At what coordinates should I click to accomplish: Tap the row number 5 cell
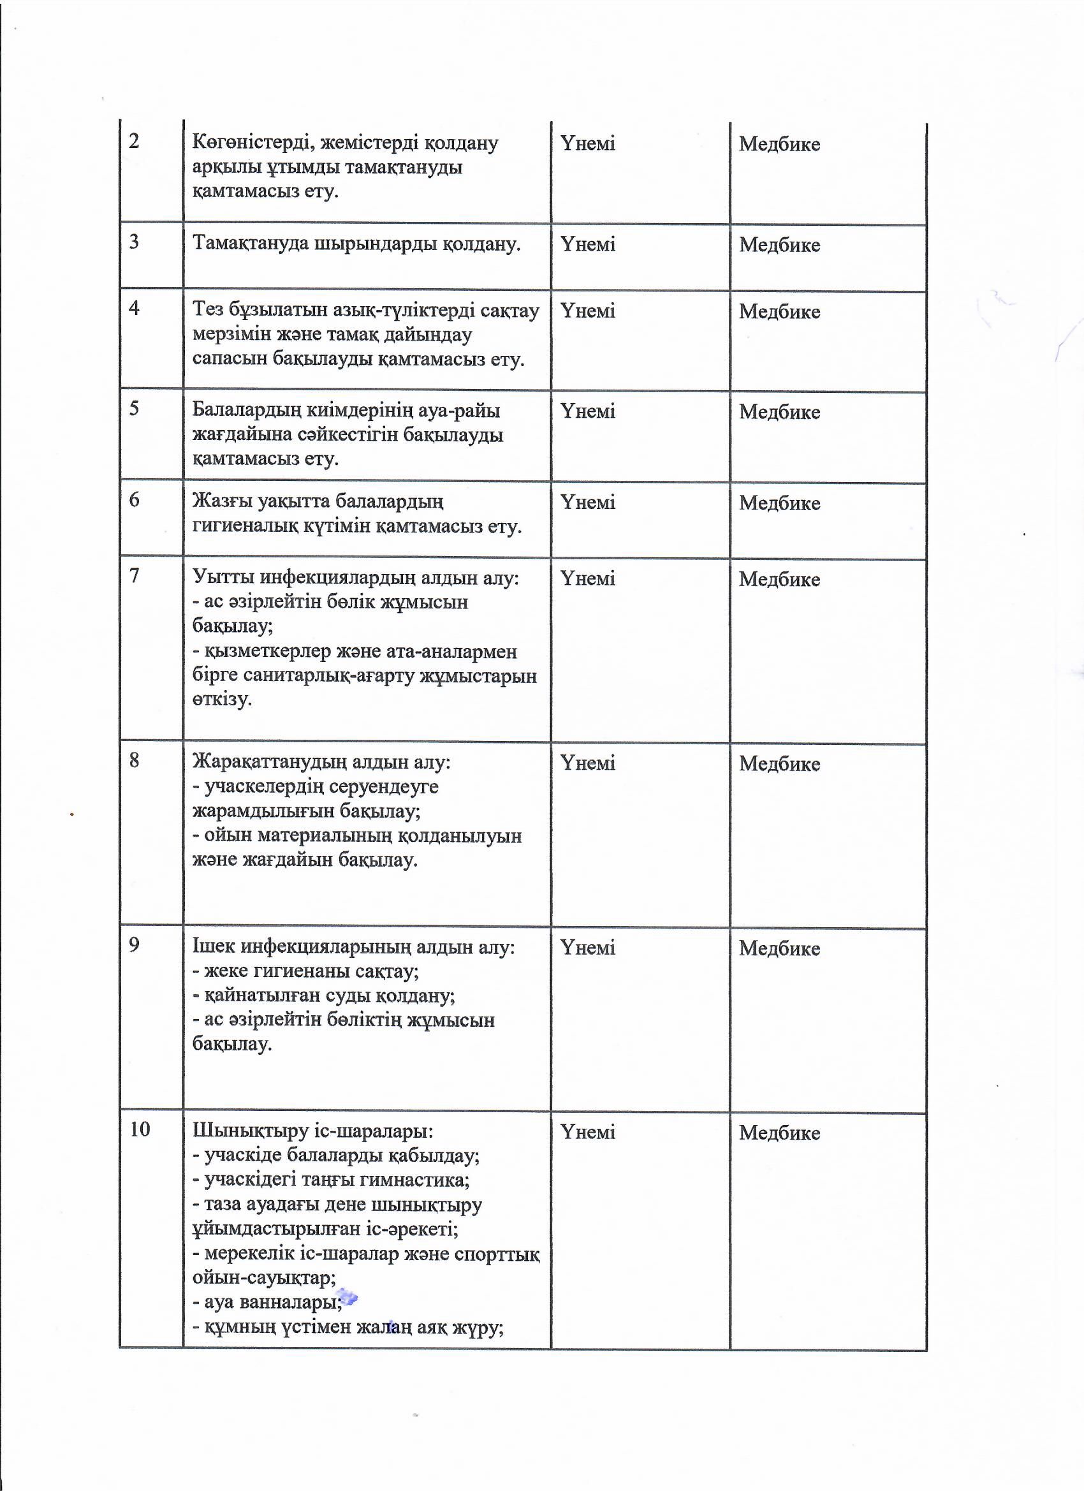[x=134, y=409]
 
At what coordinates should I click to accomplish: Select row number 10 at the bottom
[x=140, y=1129]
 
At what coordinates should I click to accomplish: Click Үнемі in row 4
[x=588, y=311]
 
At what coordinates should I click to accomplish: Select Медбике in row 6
[x=779, y=503]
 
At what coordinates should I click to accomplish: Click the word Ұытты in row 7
[x=223, y=577]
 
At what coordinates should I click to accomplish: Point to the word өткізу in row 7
[x=221, y=699]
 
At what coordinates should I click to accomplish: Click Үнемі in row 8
[x=588, y=763]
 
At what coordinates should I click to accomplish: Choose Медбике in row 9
[x=779, y=948]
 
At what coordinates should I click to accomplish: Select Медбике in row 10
[x=779, y=1132]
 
